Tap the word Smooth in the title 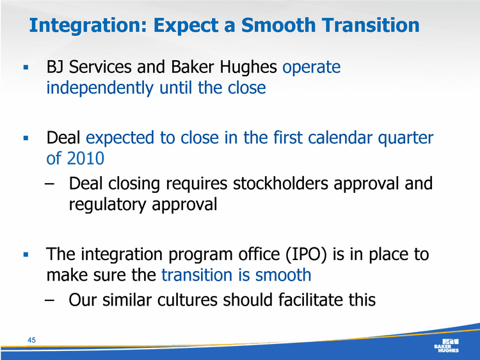click(x=278, y=25)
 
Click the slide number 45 click(x=31, y=340)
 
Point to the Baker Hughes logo click(x=446, y=345)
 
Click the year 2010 click(x=85, y=158)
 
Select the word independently click(x=99, y=88)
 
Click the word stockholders click(x=280, y=184)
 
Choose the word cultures click(x=187, y=300)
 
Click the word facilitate click(x=310, y=300)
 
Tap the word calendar click(x=340, y=138)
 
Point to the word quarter click(x=406, y=138)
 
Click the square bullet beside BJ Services click(x=26, y=67)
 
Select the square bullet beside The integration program click(x=26, y=254)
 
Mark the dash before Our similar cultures click(x=49, y=300)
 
